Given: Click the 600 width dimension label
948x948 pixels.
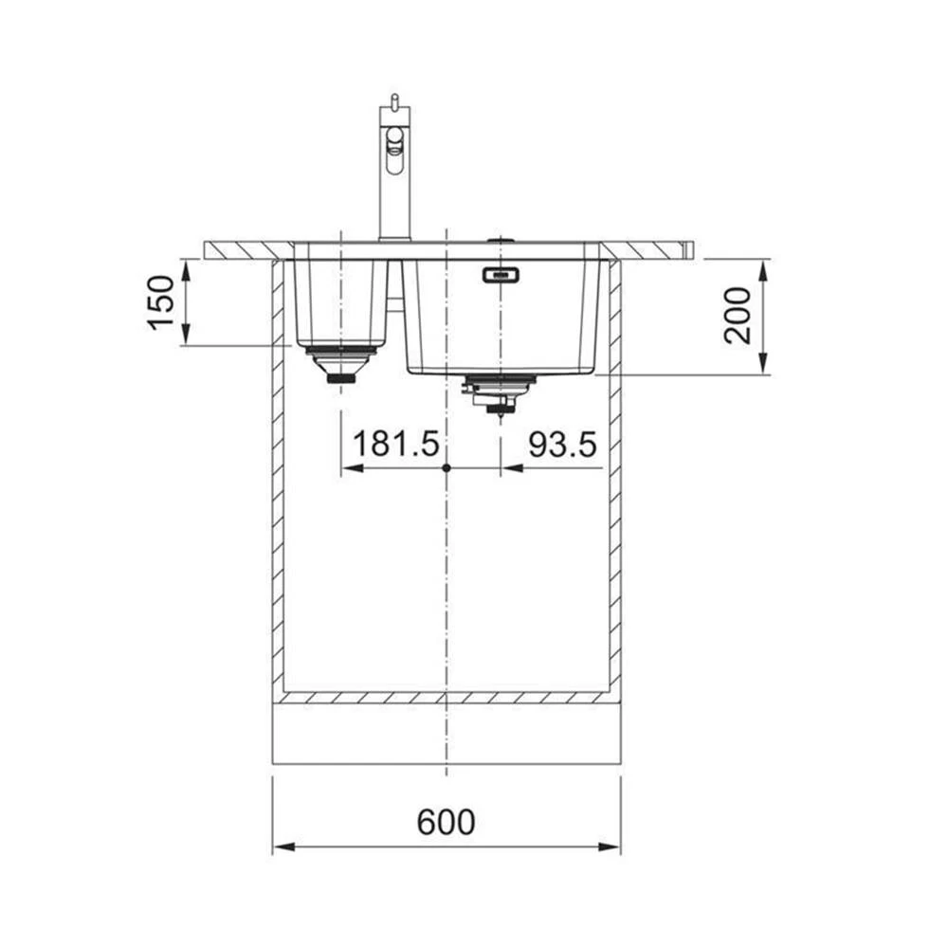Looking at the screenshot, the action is pos(447,822).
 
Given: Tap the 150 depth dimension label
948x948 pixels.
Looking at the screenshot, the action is pos(161,302).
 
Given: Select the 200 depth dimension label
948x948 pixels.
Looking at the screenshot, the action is pos(737,316).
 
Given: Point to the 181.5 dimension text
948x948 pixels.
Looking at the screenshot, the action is pos(395,444).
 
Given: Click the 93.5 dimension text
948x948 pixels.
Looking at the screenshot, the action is pos(562,445).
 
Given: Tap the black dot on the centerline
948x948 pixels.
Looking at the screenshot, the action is pos(447,468).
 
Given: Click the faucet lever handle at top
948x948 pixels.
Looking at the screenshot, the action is pos(394,101).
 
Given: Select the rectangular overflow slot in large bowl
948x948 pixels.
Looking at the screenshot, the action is pos(500,275).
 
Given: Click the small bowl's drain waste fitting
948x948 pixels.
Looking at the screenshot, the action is pos(341,365).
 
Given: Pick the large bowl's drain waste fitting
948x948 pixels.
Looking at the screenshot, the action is pos(499,393).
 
